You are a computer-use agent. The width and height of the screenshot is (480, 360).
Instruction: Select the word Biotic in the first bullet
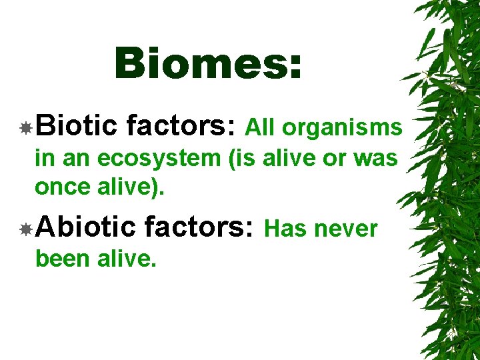pos(77,126)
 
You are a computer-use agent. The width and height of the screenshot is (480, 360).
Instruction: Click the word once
pos(61,187)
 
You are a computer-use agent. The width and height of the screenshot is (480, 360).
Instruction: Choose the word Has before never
pos(285,229)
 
